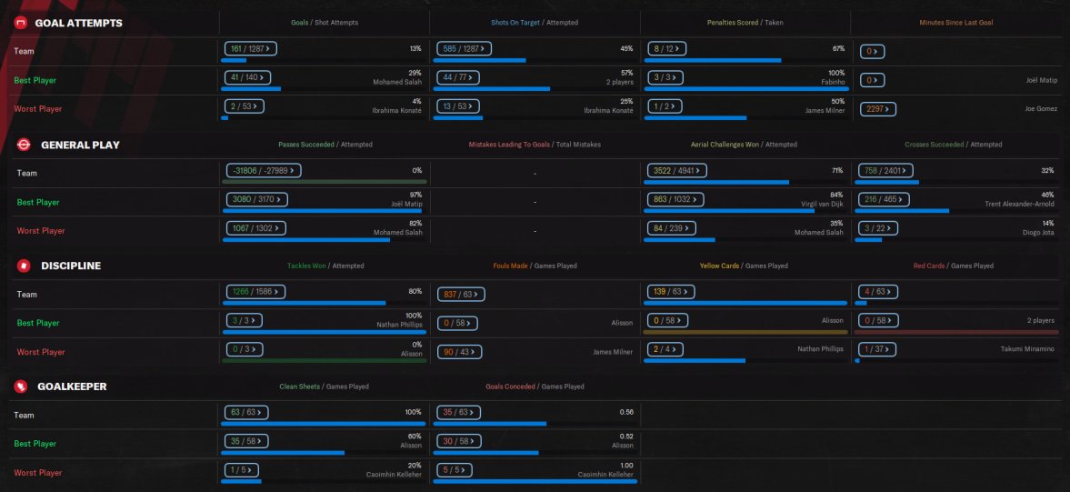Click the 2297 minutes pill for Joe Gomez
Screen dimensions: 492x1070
(x=877, y=109)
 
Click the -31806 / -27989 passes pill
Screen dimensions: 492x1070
(x=263, y=170)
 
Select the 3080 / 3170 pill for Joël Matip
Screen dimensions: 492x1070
(x=255, y=198)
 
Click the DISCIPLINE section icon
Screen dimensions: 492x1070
(x=22, y=266)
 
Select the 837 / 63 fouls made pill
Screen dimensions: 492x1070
(x=461, y=294)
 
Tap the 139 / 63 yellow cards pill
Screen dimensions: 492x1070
(x=669, y=292)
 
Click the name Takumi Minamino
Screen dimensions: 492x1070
(x=1030, y=348)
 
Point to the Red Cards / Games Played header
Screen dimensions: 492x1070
(x=953, y=266)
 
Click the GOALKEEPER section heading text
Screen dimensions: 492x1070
(x=72, y=387)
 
